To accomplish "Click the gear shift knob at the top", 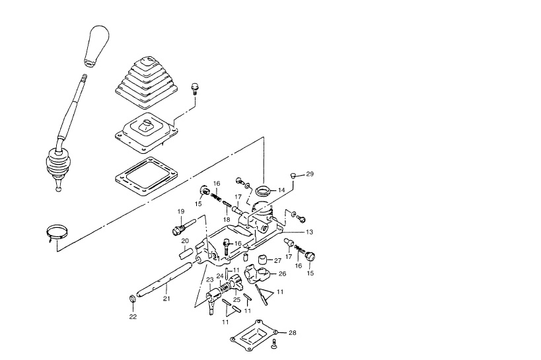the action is [x=96, y=46].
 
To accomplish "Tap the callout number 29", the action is [x=310, y=174].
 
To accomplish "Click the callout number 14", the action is [x=281, y=190].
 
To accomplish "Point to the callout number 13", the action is [x=310, y=232].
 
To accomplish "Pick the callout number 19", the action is [x=181, y=211].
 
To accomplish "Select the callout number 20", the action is [x=185, y=240].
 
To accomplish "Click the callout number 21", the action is [x=166, y=299].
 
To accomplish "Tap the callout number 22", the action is [x=133, y=316].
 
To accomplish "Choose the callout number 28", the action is [x=292, y=333].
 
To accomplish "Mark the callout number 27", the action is [x=277, y=261].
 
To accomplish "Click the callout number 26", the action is [x=282, y=274].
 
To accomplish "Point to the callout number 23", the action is [x=210, y=280].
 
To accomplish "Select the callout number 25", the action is [x=236, y=300].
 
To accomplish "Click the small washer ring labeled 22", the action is [x=132, y=298].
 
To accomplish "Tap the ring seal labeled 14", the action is [x=264, y=190].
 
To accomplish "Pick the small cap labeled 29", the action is [x=293, y=176].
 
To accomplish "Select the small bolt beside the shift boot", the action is [x=195, y=89].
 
